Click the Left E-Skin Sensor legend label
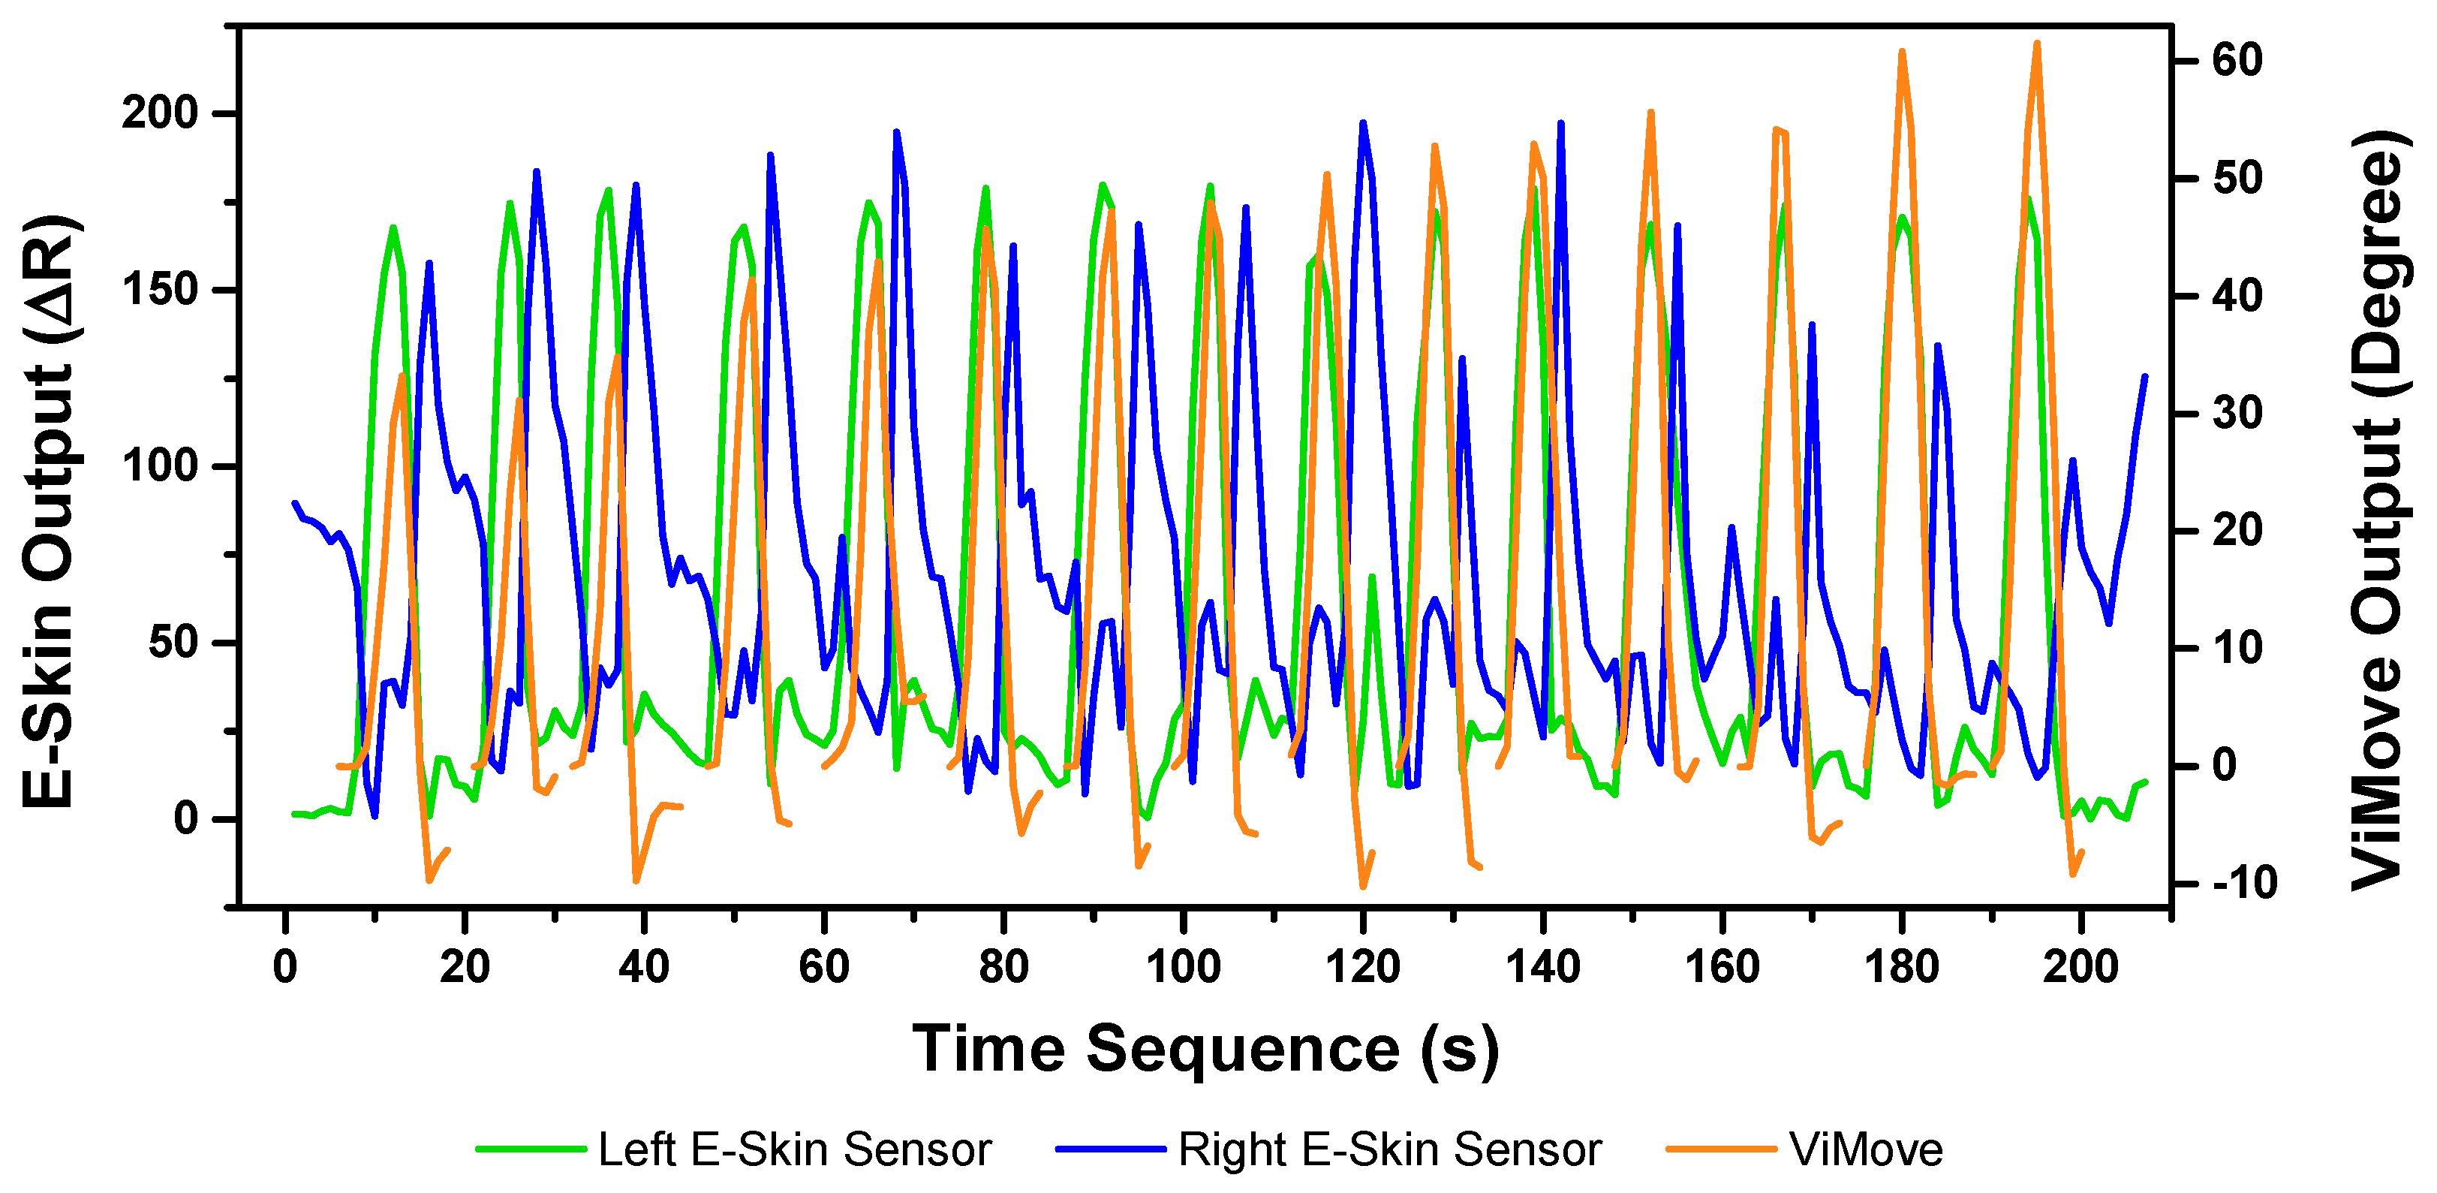794,1149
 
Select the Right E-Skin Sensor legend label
1388,1149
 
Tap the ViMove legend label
1866,1149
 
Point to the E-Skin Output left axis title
50,511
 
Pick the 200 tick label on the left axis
160,113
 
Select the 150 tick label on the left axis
160,290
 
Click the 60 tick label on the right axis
2237,61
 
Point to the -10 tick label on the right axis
2244,884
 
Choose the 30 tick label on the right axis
2237,414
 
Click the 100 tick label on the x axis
1183,967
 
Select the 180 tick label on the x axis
1902,967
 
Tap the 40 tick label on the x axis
644,967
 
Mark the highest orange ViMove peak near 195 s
2037,44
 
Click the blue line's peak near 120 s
1363,123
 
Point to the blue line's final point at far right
2145,377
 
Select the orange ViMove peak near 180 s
1902,52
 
